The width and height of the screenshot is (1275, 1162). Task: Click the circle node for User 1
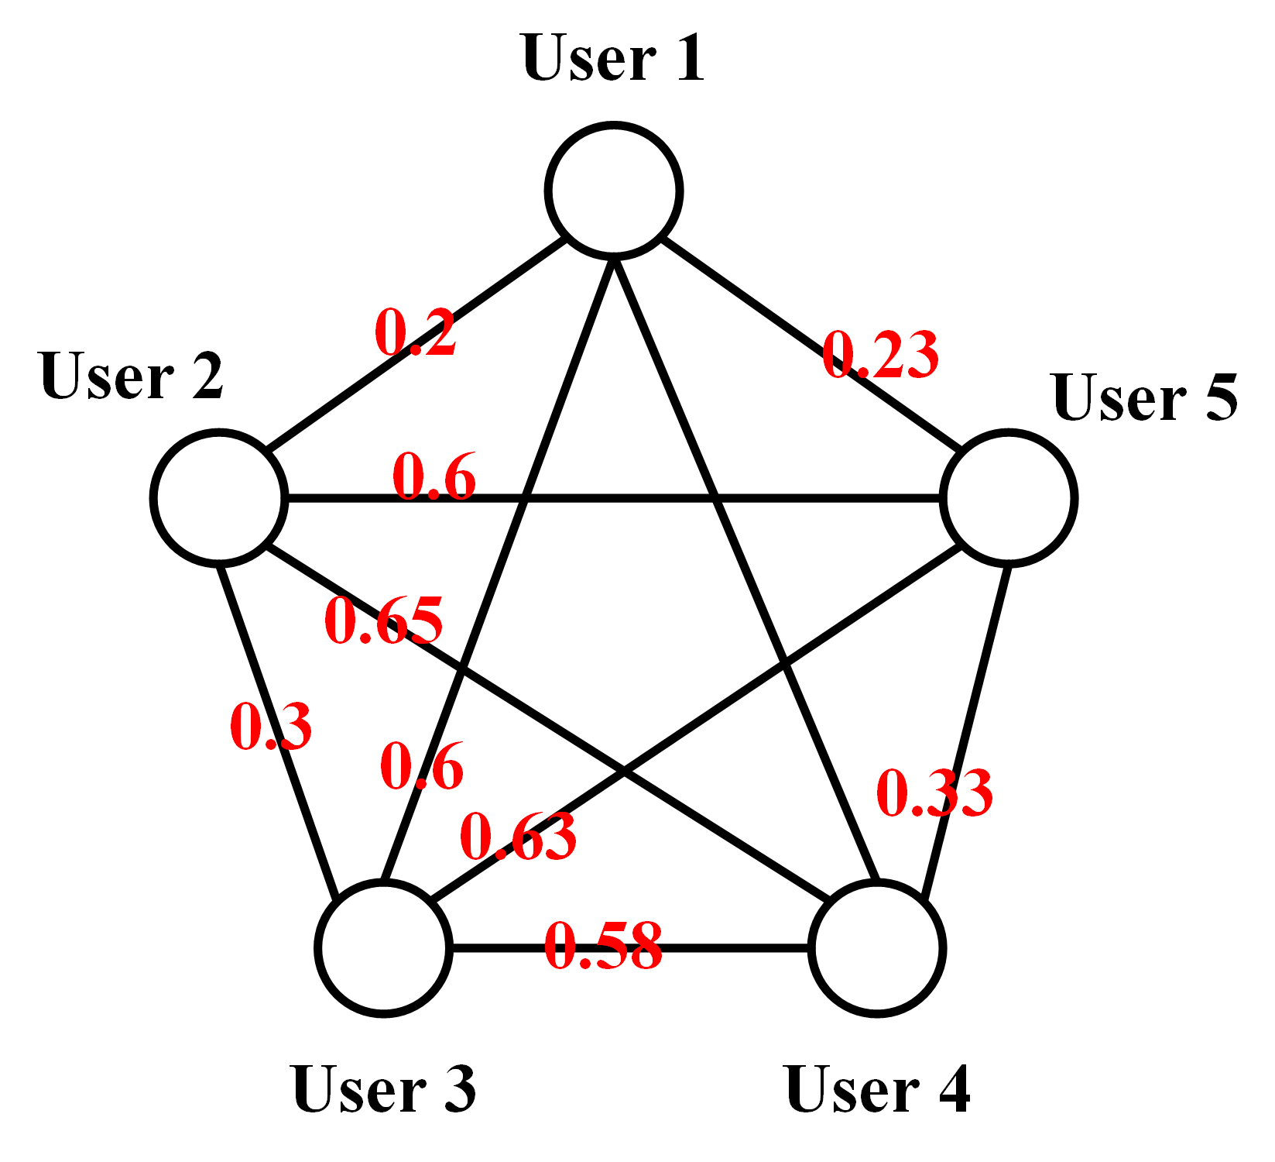[x=614, y=189]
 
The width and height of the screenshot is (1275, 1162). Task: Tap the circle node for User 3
[x=383, y=947]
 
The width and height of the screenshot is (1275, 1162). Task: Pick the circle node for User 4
[x=876, y=947]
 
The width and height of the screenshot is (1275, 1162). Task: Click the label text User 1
[x=613, y=58]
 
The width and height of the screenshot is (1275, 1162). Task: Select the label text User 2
[x=132, y=376]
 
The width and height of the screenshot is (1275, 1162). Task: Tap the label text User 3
[x=384, y=1089]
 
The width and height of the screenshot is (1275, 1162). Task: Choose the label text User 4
[x=877, y=1089]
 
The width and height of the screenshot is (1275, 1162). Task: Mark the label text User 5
[x=1145, y=398]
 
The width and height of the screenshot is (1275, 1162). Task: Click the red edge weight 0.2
[x=416, y=333]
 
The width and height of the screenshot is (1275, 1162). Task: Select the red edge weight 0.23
[x=881, y=356]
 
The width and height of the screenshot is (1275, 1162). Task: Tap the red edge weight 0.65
[x=384, y=621]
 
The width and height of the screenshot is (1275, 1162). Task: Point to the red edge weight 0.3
[x=271, y=727]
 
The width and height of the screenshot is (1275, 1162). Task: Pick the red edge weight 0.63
[x=518, y=837]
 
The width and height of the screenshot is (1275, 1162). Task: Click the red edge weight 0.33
[x=934, y=794]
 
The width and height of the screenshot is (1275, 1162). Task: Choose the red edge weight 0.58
[x=603, y=947]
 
